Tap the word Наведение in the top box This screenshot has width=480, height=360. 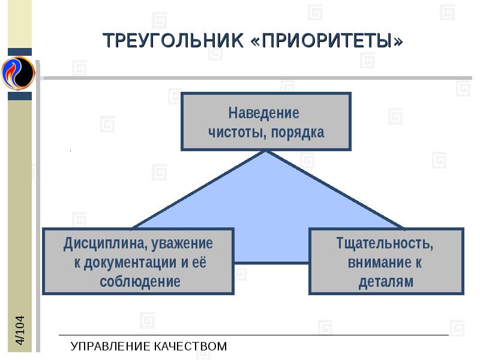263,113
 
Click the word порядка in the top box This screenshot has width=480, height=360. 298,133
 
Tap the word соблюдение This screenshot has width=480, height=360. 140,281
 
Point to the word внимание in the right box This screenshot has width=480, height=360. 376,263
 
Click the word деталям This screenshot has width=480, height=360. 386,281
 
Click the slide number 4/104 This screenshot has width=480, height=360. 20,330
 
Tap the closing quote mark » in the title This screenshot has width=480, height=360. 397,41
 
